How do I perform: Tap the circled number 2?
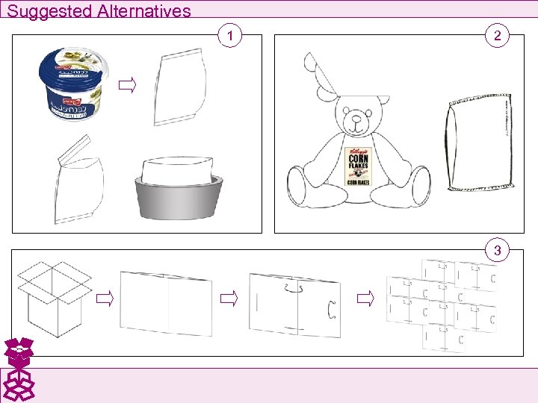(x=497, y=35)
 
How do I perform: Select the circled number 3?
(x=497, y=250)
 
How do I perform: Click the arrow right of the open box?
(x=104, y=300)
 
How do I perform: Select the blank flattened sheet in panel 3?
(x=166, y=303)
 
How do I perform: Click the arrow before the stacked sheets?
(x=364, y=300)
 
